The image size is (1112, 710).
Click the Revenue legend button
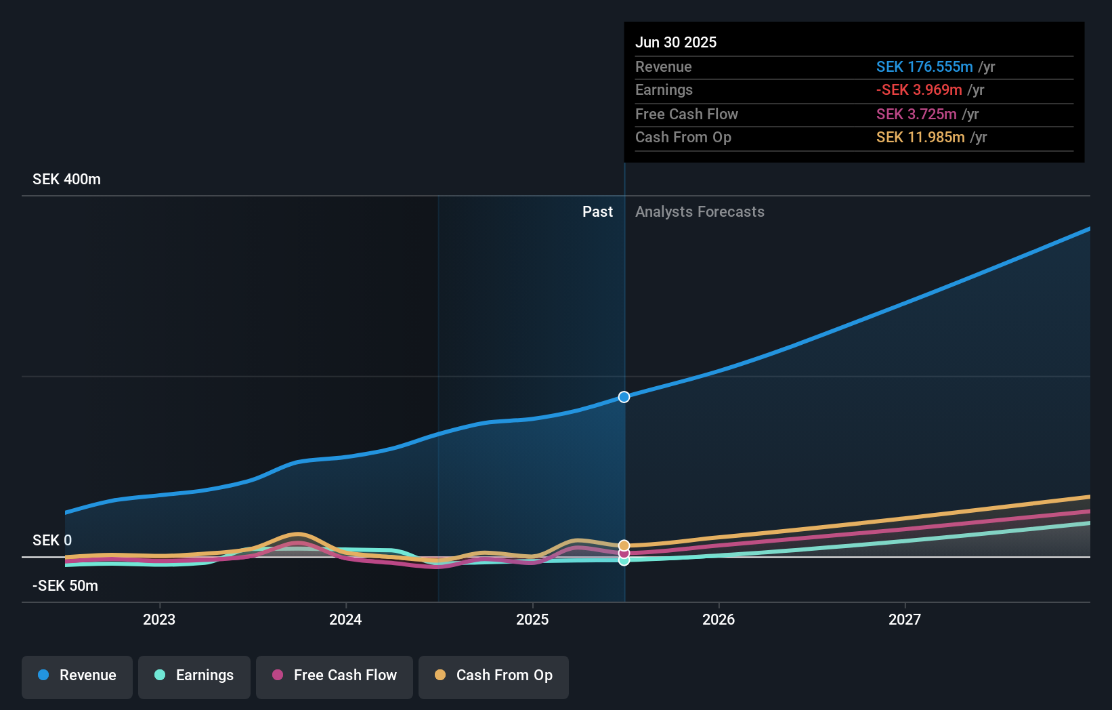77,675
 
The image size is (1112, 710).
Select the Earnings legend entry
194,675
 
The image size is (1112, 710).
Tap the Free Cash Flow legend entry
335,675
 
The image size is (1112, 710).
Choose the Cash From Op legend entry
494,675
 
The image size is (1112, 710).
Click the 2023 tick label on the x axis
159,619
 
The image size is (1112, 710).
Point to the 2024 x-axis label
345,619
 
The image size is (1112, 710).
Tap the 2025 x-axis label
532,619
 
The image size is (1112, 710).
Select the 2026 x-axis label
719,619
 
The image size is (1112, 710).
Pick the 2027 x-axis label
905,619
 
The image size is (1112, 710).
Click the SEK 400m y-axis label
66,180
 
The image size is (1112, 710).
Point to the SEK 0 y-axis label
52,541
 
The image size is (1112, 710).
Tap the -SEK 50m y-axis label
65,586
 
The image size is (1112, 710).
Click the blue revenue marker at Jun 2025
624,397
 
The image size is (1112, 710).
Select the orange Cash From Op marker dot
624,545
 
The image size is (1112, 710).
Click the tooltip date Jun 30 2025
676,43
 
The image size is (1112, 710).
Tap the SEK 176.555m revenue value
924,67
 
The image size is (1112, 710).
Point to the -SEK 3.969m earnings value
919,90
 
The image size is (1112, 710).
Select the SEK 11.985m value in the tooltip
920,138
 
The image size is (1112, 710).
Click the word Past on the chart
597,212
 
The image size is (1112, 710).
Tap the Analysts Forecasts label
700,212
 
